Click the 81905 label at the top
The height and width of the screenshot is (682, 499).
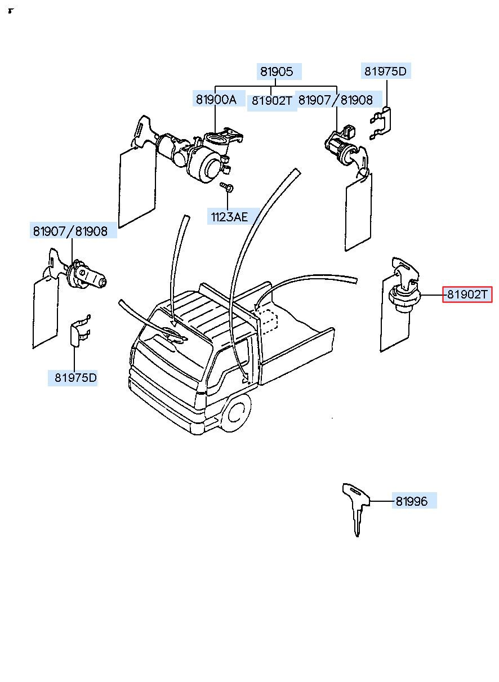[277, 72]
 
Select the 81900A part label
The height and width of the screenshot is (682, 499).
[216, 100]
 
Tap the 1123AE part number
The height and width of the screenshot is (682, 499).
[229, 217]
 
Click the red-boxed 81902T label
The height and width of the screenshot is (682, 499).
[467, 295]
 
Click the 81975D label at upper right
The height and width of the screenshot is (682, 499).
[385, 72]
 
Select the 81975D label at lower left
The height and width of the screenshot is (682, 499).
[75, 377]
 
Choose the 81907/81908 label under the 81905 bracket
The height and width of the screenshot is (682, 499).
[336, 100]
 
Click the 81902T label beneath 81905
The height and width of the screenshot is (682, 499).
[272, 101]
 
